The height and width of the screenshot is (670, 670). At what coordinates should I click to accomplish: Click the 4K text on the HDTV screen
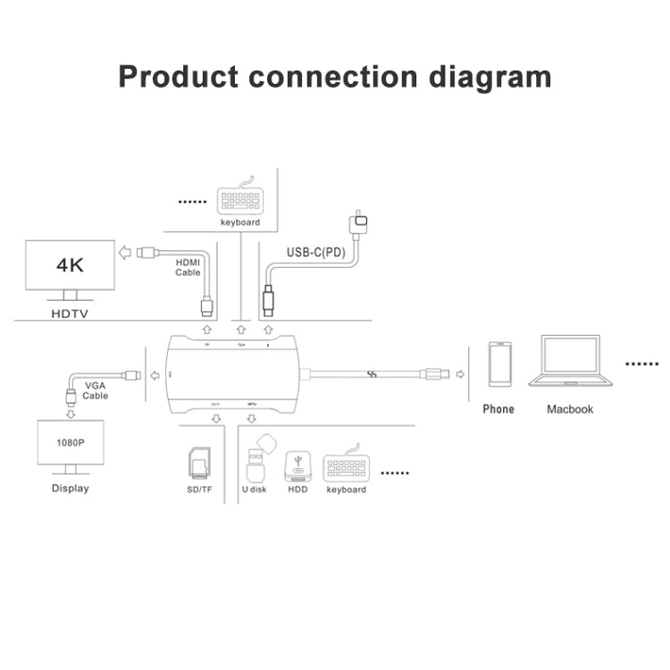pos(70,265)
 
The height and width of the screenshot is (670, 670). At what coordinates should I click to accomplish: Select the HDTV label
pos(69,315)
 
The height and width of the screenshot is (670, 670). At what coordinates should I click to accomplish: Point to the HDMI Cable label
pos(188,267)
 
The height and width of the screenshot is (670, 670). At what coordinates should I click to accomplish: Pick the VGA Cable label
pos(96,390)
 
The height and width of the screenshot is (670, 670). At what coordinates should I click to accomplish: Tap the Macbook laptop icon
pos(572,362)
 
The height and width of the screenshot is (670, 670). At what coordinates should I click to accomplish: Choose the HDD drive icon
pos(297,465)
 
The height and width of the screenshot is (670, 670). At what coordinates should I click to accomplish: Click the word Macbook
pos(570,409)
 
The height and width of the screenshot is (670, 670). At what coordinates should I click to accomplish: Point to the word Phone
pos(498,409)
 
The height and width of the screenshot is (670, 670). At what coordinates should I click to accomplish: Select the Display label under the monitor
pos(71,489)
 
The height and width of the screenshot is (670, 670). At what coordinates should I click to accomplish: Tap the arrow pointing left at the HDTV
pos(126,253)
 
